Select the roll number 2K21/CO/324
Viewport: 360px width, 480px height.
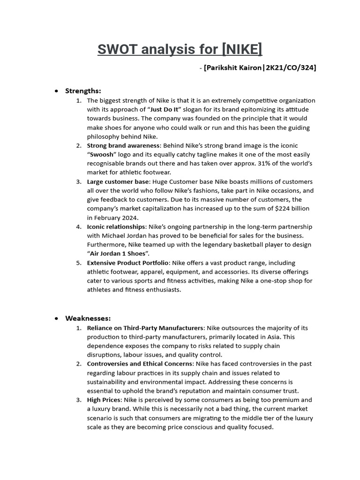(291, 68)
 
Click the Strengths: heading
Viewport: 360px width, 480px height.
(83, 90)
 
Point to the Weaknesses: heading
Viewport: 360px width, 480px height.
(88, 318)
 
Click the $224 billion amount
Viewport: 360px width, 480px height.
(293, 209)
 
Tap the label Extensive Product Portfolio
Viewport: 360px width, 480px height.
(127, 262)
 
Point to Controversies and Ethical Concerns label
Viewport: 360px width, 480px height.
(140, 364)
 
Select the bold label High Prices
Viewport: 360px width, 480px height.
(104, 400)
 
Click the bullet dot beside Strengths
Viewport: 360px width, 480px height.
(57, 91)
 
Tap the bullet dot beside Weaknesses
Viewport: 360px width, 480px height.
(57, 319)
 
